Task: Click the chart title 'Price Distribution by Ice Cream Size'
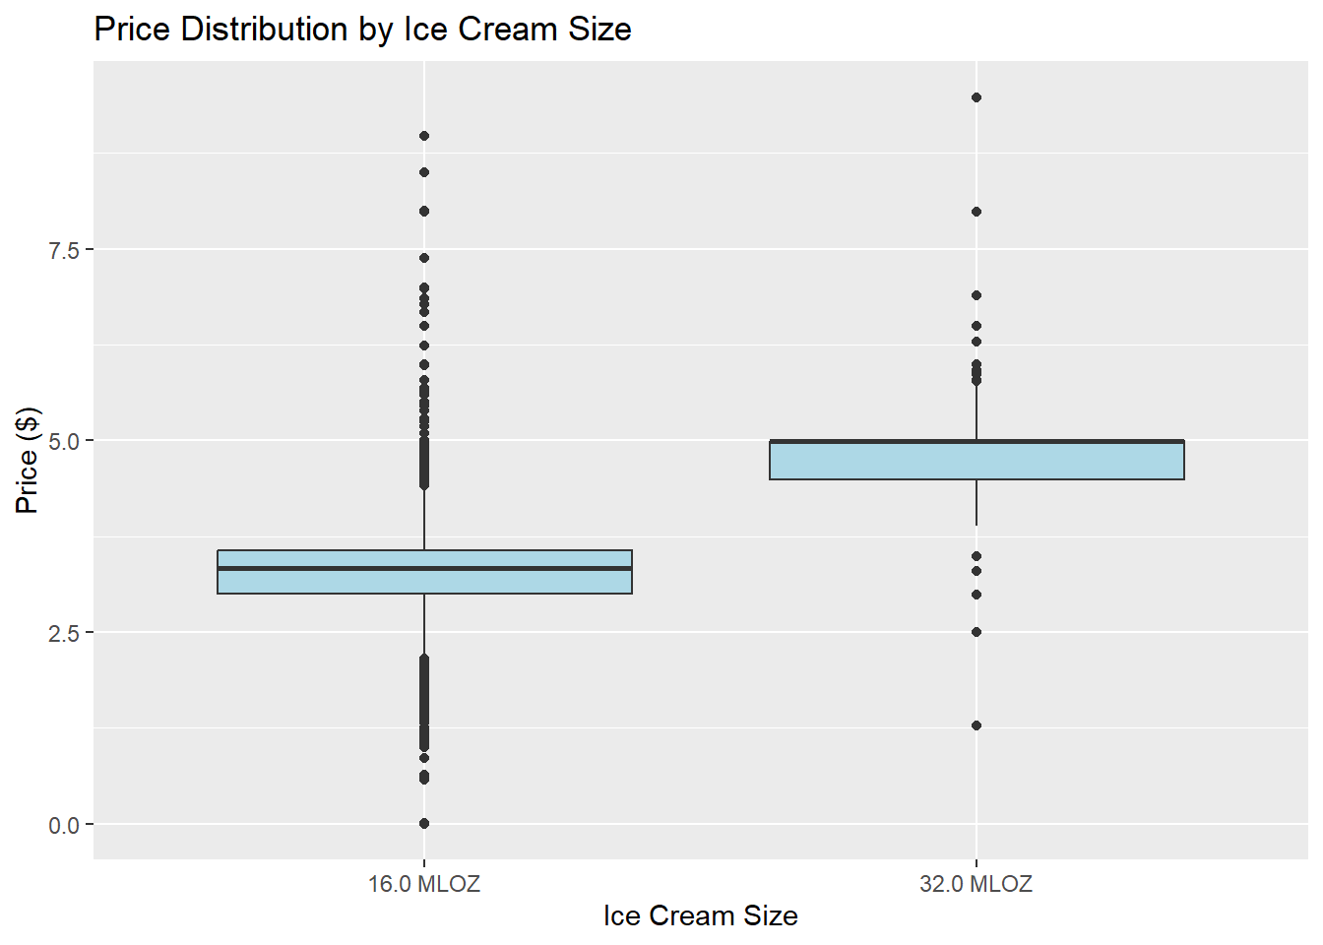[x=362, y=30]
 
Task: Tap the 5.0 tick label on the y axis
[x=64, y=441]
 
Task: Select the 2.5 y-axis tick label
[x=64, y=633]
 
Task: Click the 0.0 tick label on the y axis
[x=64, y=825]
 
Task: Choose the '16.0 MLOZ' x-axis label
[x=424, y=884]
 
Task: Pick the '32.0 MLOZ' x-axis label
[x=976, y=884]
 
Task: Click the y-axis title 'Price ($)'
[x=28, y=460]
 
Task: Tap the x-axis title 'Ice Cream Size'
[x=700, y=916]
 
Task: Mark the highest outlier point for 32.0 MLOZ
[x=976, y=97]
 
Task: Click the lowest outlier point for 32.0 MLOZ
[x=976, y=725]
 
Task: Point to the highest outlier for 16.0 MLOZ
[x=424, y=136]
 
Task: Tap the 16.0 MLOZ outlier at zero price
[x=424, y=823]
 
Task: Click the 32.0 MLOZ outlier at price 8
[x=976, y=212]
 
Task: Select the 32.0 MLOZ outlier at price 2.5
[x=976, y=632]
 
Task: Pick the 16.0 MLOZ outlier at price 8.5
[x=424, y=172]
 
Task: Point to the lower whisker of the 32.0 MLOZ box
[x=976, y=503]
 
